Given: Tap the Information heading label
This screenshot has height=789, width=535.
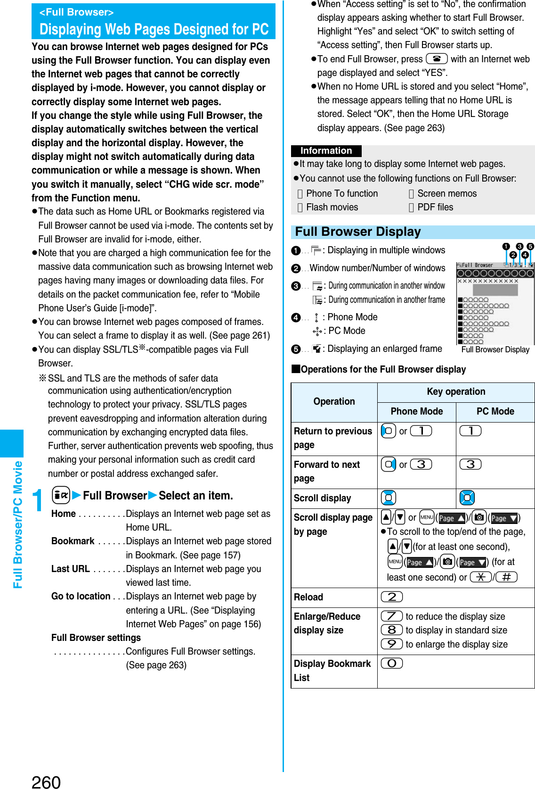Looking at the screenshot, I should (x=326, y=150).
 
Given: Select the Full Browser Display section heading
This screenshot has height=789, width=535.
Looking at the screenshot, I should (x=358, y=232).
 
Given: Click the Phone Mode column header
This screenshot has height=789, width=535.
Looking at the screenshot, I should (x=416, y=411).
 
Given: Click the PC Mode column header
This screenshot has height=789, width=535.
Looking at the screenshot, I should (x=495, y=411).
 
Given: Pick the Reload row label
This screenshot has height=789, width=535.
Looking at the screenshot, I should (x=308, y=597).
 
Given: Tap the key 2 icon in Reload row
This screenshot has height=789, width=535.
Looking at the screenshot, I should (x=392, y=597).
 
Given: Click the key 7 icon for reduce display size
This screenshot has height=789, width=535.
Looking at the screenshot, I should (x=392, y=616).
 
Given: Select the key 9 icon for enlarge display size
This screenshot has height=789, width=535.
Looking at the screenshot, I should (x=392, y=644).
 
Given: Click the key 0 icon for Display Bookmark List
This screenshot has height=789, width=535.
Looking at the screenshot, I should (x=392, y=663).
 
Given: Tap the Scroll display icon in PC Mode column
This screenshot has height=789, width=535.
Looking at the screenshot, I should (x=467, y=498).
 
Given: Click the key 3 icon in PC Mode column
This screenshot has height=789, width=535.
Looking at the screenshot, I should (x=470, y=464).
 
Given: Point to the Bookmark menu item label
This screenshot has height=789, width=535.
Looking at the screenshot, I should (x=73, y=541).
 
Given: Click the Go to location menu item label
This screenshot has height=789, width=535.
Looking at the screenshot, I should (x=81, y=596).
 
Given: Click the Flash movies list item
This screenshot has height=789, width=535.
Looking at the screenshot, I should (x=332, y=207).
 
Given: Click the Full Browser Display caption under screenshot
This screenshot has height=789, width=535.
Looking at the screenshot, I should (x=495, y=349).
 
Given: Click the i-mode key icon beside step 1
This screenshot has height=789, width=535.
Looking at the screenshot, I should (x=61, y=495).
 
